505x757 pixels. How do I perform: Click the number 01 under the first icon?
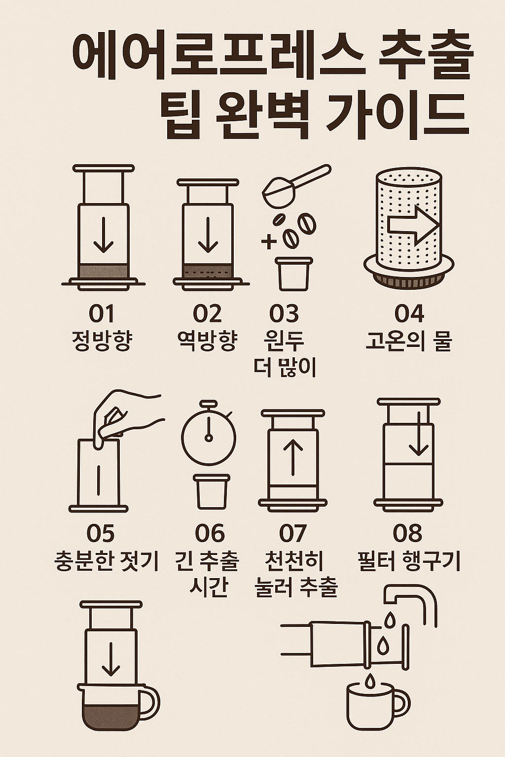coord(102,313)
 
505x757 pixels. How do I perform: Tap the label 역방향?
coord(208,340)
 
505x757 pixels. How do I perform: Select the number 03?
coord(284,313)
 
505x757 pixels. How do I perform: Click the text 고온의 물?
coord(409,340)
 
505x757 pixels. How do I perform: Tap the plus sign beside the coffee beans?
coord(269,242)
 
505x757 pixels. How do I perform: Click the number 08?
coord(408,533)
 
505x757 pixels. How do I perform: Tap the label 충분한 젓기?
coord(107,561)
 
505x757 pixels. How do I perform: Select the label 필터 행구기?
coord(409,561)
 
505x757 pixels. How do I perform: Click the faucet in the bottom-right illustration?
coord(412,599)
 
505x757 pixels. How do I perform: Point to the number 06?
coord(210,533)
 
